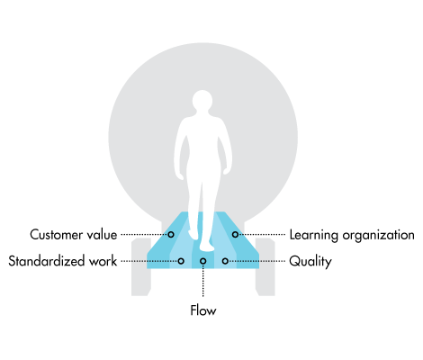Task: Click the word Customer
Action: (56, 235)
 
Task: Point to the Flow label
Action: (203, 310)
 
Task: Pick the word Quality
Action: (310, 262)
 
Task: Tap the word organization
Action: (379, 236)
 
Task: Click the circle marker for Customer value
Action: (171, 234)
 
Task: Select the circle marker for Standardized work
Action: (181, 261)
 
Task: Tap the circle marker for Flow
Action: (203, 261)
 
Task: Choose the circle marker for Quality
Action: (225, 261)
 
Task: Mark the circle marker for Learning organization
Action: (235, 234)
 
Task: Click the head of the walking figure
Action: (202, 101)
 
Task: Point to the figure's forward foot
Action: (207, 247)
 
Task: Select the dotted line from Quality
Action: (256, 261)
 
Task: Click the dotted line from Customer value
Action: (144, 234)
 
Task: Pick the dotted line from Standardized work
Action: (149, 261)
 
